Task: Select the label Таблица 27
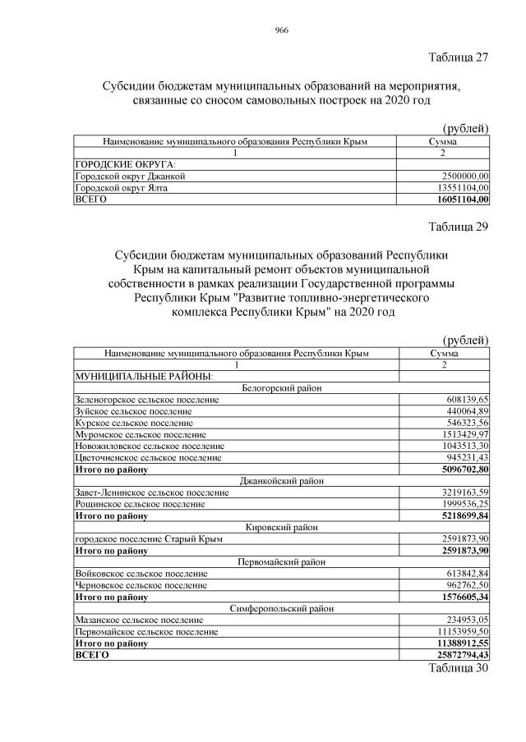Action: coord(459,57)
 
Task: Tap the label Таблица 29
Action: coord(459,227)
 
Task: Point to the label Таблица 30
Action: coord(459,668)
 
